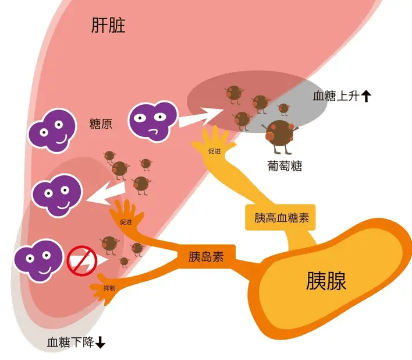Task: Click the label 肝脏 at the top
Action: click(108, 25)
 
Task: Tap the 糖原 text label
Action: click(101, 124)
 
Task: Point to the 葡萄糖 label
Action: click(280, 167)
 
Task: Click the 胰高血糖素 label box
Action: click(282, 218)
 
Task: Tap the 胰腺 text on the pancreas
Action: click(326, 282)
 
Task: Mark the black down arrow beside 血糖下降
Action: click(100, 343)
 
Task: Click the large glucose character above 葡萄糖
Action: click(280, 132)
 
